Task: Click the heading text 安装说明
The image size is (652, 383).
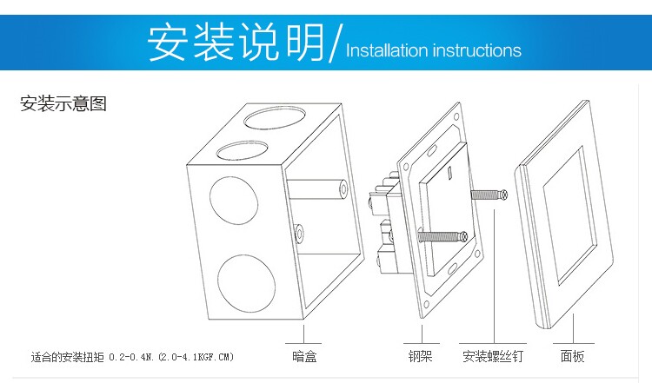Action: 236,41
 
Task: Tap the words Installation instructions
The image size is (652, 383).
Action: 433,50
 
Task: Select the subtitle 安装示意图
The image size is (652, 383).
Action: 63,105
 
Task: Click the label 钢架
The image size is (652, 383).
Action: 420,356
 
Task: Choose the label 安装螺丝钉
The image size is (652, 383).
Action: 493,356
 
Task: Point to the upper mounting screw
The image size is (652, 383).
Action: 488,195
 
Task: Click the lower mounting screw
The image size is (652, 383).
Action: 441,234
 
